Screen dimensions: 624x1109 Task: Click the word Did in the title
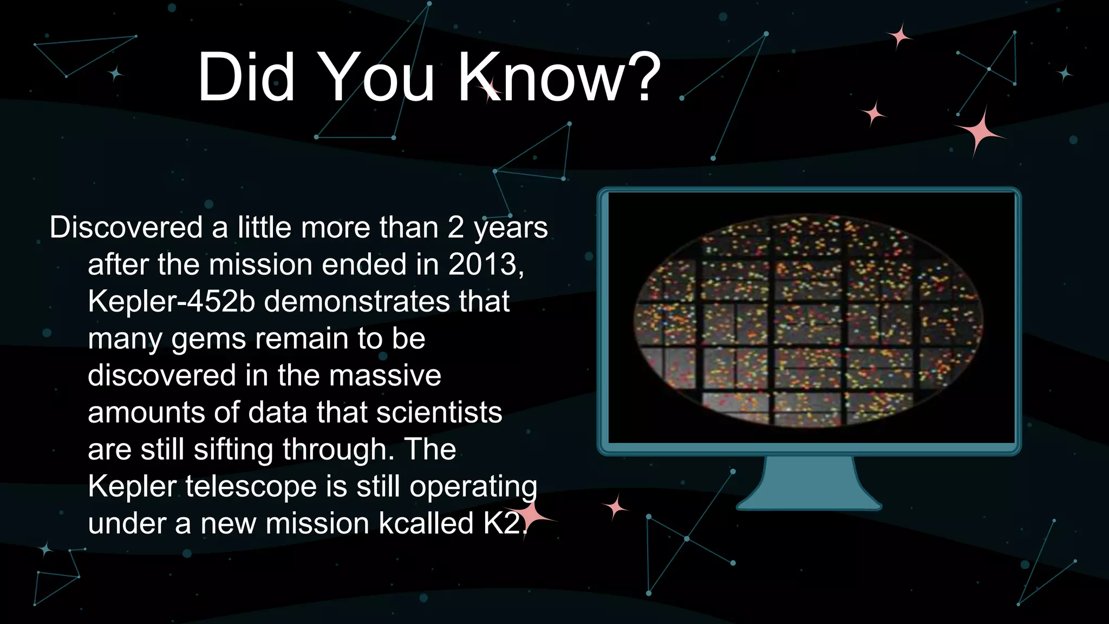point(246,77)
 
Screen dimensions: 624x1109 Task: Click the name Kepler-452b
point(171,301)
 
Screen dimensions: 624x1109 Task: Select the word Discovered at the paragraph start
point(126,227)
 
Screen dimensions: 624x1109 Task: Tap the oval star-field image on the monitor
point(809,321)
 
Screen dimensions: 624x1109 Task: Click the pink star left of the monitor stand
point(615,508)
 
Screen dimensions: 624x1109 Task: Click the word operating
point(473,486)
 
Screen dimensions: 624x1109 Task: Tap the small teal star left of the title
point(115,73)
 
